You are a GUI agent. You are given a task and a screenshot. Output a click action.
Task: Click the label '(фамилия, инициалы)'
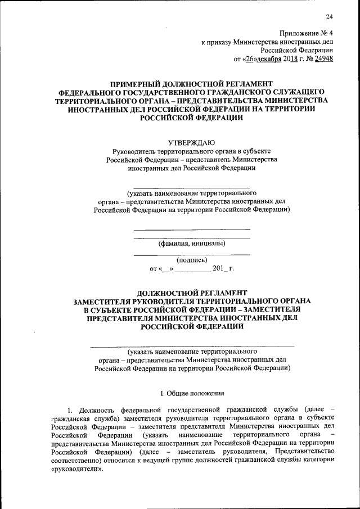coord(192,243)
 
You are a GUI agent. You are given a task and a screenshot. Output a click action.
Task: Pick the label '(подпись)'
coord(192,260)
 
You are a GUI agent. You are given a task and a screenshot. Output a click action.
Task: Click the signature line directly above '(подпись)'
coord(192,255)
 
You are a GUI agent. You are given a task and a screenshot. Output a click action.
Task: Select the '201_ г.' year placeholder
coord(223,268)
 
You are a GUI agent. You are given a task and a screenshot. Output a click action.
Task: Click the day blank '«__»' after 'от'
coord(166,268)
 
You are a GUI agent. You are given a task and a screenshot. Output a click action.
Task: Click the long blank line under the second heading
coord(192,345)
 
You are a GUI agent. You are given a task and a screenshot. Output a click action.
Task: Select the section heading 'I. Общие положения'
coord(192,394)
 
